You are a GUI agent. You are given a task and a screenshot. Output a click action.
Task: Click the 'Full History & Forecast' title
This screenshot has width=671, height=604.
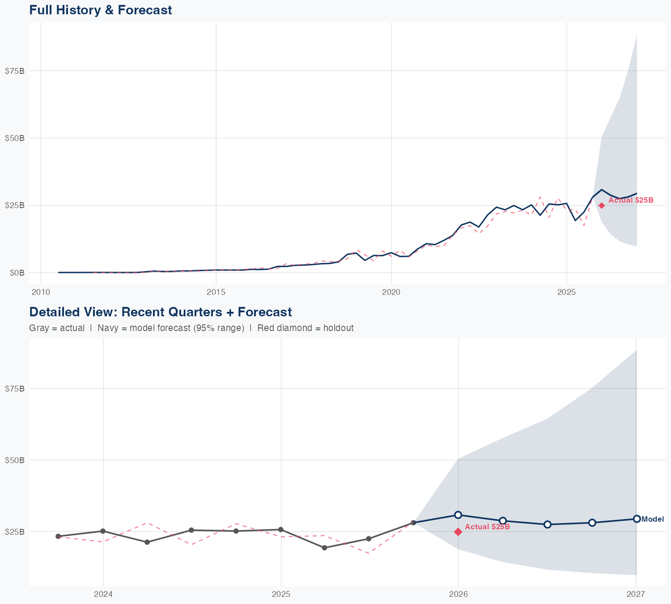pos(100,10)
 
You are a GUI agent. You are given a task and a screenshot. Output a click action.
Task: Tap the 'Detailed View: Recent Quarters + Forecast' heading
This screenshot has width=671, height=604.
pos(160,312)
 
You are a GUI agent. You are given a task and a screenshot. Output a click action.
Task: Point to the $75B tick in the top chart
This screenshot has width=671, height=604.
pos(14,71)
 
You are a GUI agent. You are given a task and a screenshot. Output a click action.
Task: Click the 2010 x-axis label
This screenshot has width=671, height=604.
pos(41,292)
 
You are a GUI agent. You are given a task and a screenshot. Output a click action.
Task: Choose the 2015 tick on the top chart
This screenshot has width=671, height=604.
pos(216,292)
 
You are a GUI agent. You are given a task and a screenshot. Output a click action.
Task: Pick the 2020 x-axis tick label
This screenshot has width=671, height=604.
pos(391,292)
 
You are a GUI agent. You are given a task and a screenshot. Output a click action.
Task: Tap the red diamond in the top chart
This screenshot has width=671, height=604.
pos(602,205)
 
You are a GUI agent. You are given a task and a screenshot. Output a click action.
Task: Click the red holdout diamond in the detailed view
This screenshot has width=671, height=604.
pos(458,532)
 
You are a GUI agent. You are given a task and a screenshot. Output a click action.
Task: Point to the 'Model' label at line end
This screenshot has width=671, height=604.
pos(653,519)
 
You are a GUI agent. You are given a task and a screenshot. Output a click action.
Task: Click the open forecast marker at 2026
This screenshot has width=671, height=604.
pos(458,515)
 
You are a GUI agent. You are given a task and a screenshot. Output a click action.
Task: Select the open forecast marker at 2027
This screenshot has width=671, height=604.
pos(637,519)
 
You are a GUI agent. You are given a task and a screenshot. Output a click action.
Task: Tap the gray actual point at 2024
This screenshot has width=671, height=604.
pos(103,531)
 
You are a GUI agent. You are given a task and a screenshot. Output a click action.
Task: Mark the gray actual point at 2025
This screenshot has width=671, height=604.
pos(280,530)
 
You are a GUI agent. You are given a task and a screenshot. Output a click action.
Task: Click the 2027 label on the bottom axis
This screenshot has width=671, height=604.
pos(636,594)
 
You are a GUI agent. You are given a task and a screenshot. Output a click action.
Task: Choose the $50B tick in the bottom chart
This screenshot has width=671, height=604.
pos(14,460)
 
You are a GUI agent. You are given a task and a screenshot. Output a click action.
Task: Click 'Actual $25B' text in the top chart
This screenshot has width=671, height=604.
pos(631,200)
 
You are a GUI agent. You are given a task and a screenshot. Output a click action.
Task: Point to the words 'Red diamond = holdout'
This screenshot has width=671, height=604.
pos(306,328)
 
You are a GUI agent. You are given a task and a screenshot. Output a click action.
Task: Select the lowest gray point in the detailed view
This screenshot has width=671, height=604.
pos(324,548)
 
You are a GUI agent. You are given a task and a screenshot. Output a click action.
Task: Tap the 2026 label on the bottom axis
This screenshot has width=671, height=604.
pos(458,594)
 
